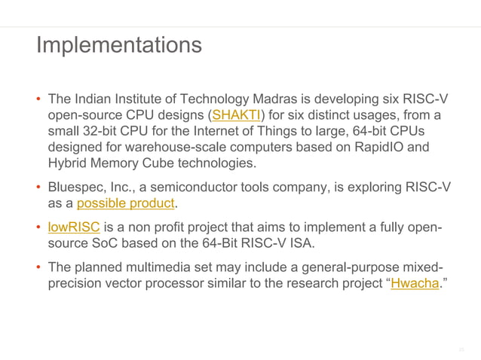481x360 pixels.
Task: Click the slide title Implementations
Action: pyautogui.click(x=118, y=44)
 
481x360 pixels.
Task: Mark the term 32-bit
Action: pyautogui.click(x=100, y=132)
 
